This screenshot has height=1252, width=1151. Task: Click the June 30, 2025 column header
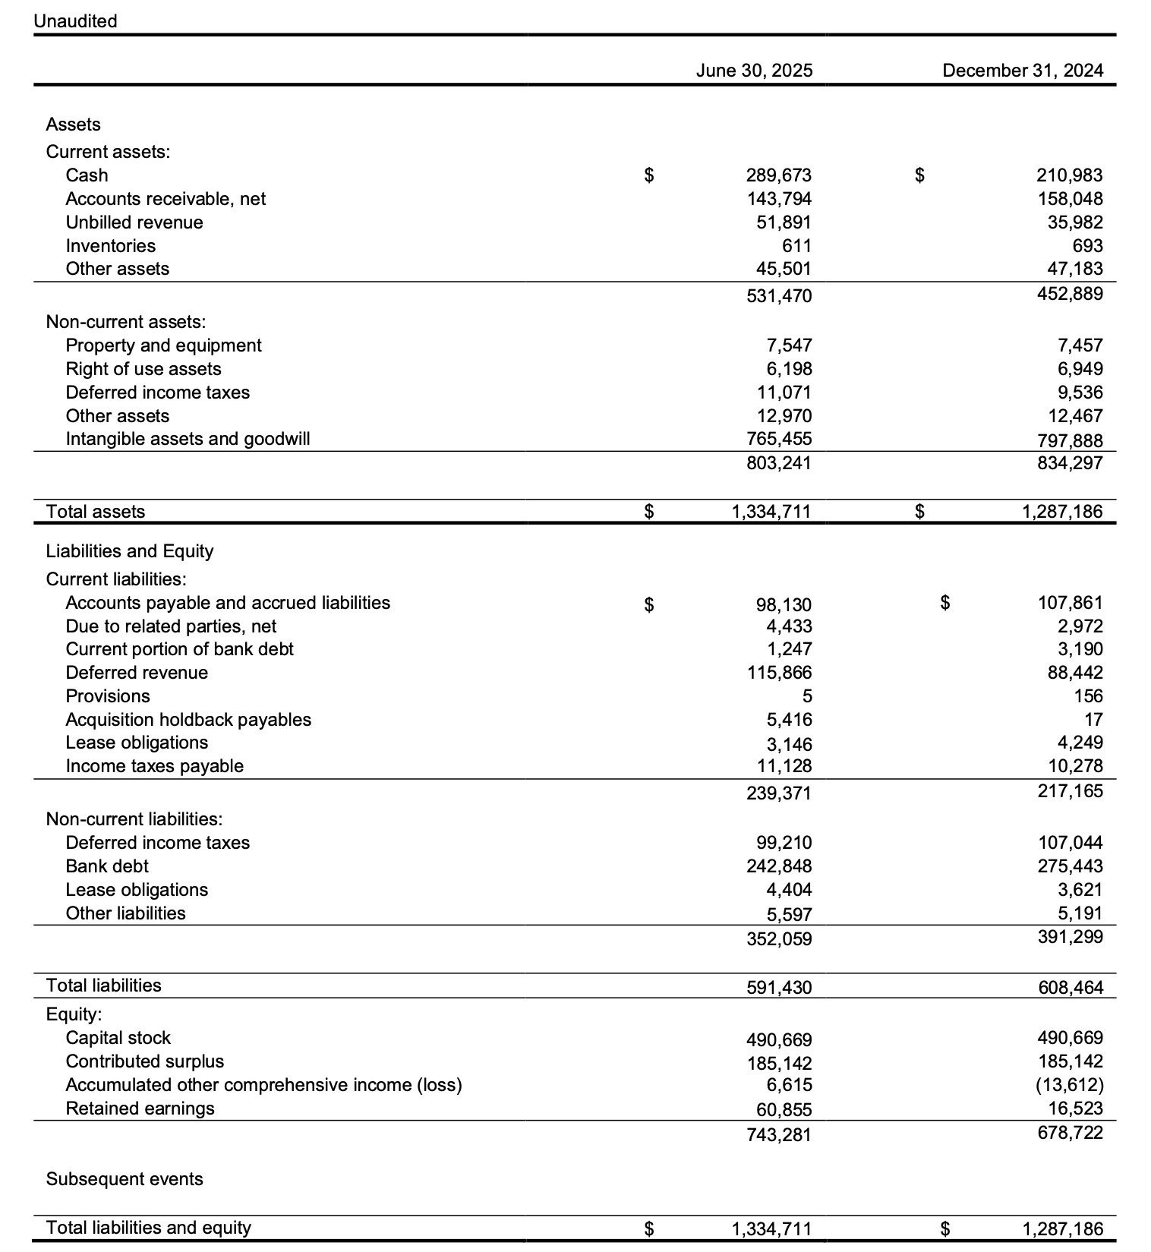[754, 71]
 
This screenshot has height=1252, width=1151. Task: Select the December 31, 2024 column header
[1023, 71]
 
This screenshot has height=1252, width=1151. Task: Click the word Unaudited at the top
[75, 21]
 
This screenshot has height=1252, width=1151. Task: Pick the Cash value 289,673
[779, 175]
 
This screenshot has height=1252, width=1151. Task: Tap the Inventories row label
[110, 246]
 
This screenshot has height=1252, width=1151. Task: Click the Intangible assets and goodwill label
[188, 439]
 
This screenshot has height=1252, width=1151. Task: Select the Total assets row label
[95, 512]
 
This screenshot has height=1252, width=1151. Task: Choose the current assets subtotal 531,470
[779, 296]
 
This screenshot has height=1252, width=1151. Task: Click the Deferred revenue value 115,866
[779, 673]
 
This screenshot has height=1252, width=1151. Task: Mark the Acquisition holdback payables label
[188, 720]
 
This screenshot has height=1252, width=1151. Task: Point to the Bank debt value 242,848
[779, 866]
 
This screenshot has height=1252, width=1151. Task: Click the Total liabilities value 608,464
[1071, 988]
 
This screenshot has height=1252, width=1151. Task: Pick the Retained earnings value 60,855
[784, 1110]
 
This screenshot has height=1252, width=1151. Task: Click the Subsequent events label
[125, 1179]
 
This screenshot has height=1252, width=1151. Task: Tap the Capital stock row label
[118, 1038]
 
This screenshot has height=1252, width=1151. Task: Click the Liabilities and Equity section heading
[129, 551]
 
